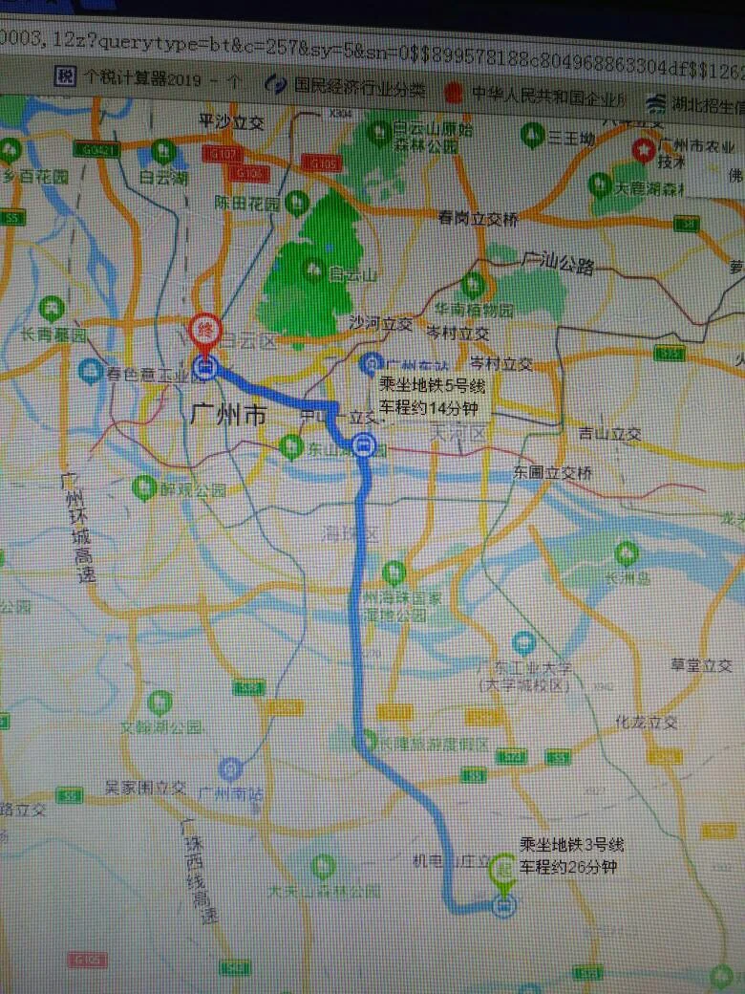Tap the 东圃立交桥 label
click(x=552, y=473)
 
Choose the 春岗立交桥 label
click(x=479, y=219)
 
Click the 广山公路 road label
click(x=559, y=262)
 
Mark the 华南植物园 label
click(x=475, y=311)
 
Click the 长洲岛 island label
click(x=627, y=578)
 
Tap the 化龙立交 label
click(x=647, y=723)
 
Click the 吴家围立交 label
click(x=145, y=789)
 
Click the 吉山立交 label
click(x=609, y=434)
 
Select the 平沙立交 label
click(x=229, y=121)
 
